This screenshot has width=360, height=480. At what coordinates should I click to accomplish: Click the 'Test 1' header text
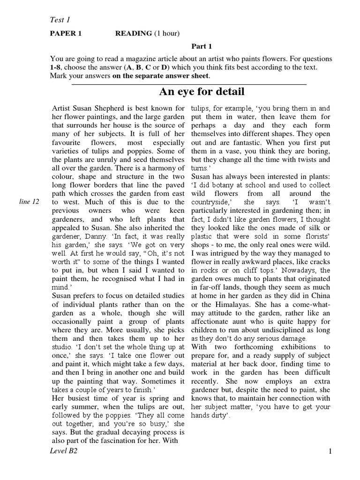pos(60,19)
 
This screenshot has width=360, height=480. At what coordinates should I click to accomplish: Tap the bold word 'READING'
pos(134,33)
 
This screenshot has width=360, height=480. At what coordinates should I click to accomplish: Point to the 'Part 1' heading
pos(202,46)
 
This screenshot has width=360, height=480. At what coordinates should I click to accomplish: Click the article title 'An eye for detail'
pos(202,91)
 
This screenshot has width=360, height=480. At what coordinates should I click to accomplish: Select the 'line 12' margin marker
pos(30,201)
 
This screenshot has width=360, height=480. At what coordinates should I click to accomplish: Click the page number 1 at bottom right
pos(330,451)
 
